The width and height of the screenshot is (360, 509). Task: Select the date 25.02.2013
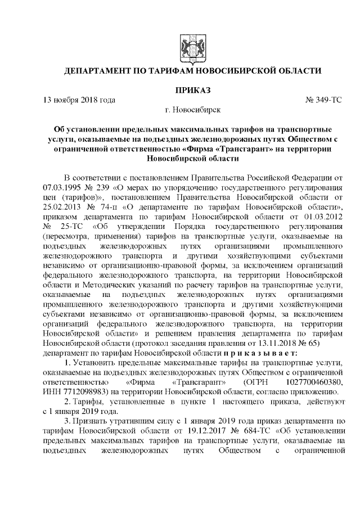66,207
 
